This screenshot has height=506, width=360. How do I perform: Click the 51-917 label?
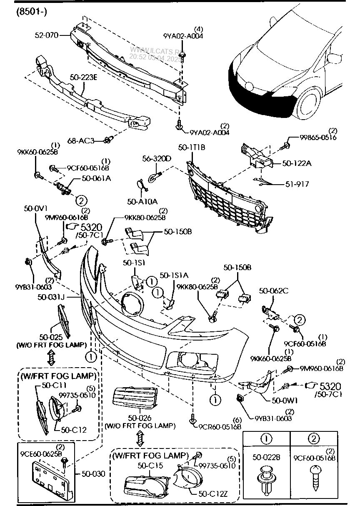coord(297,184)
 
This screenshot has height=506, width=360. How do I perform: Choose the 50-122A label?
coord(297,163)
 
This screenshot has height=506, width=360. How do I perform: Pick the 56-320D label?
coord(157,159)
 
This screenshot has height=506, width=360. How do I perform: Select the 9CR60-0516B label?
coord(220,426)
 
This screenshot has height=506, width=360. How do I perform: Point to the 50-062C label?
coord(274,291)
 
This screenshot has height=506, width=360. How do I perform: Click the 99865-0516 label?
coord(318,138)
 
